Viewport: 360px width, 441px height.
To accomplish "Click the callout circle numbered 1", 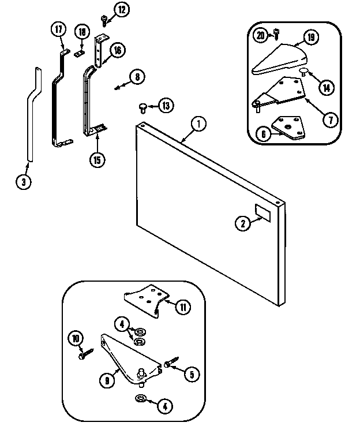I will tap(198, 123).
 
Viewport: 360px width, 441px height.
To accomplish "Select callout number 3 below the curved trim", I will tap(22, 181).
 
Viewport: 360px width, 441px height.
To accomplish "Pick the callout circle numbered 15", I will tap(97, 159).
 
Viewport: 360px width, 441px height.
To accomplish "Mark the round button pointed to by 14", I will tap(303, 72).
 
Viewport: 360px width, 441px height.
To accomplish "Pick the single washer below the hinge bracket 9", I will tap(141, 399).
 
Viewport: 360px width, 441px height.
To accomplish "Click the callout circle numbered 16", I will tap(117, 51).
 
